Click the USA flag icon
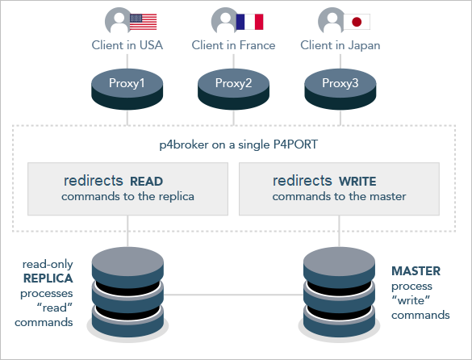(144, 22)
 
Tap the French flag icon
(249, 22)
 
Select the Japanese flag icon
(357, 22)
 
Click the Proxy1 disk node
(127, 89)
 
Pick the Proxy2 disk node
(234, 89)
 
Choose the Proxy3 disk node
(340, 89)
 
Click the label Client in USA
(127, 45)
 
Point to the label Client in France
(234, 45)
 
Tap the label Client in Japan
(340, 45)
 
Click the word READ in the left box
(147, 182)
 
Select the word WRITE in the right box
(357, 182)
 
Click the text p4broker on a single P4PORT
(238, 145)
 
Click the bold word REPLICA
(48, 278)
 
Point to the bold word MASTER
(416, 271)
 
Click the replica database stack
(127, 292)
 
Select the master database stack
(339, 292)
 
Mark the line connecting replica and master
(234, 295)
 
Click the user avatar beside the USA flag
(118, 20)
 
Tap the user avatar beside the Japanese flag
(331, 20)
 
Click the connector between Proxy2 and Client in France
(234, 61)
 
